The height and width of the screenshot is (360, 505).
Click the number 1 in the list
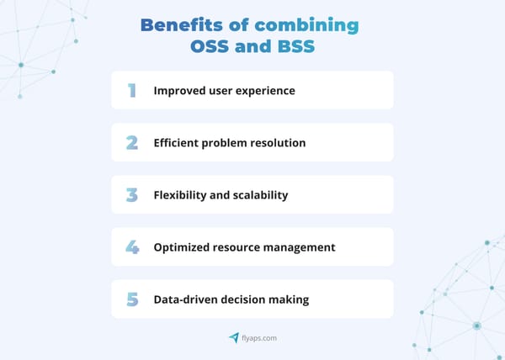click(132, 90)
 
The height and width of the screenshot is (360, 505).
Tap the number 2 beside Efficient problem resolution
click(132, 142)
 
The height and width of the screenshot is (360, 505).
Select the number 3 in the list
click(132, 194)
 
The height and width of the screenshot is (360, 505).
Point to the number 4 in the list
click(132, 247)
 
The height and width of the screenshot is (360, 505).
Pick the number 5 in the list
click(132, 299)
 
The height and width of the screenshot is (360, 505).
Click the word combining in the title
click(307, 25)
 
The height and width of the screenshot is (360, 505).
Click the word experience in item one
click(264, 91)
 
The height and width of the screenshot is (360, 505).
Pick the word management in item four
click(298, 248)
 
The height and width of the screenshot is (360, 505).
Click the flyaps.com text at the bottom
click(259, 338)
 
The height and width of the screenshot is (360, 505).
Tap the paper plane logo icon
click(234, 337)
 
